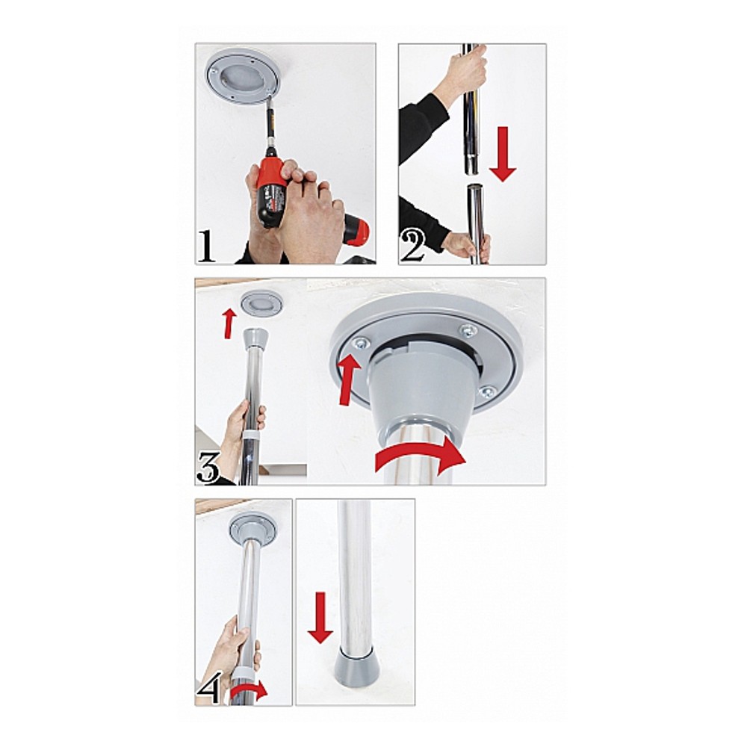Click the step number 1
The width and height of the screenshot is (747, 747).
(206, 246)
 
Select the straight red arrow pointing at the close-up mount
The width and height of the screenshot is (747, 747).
(348, 379)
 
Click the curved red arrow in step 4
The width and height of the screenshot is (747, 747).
(248, 692)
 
